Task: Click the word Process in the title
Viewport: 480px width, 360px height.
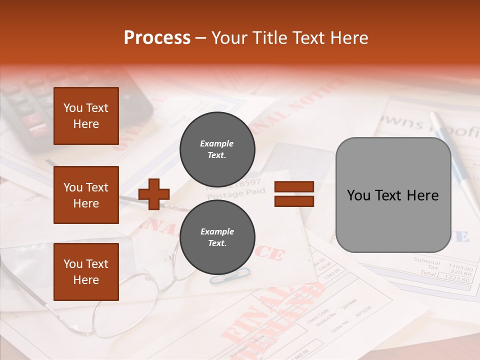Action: pyautogui.click(x=157, y=37)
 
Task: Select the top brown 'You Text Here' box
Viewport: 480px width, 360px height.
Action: pyautogui.click(x=86, y=116)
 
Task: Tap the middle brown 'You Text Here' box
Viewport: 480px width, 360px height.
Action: pyautogui.click(x=86, y=195)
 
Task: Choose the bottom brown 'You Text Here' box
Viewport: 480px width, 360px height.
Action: pyautogui.click(x=86, y=271)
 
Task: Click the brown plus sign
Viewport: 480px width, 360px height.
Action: pyautogui.click(x=154, y=194)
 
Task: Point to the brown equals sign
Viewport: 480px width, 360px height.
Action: pyautogui.click(x=294, y=194)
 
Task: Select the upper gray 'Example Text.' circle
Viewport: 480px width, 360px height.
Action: pyautogui.click(x=217, y=149)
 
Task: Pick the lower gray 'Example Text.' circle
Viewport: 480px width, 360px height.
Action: pyautogui.click(x=217, y=237)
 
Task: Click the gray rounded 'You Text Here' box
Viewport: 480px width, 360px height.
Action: pyautogui.click(x=393, y=195)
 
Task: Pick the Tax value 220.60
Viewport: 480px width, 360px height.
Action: pyautogui.click(x=460, y=273)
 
